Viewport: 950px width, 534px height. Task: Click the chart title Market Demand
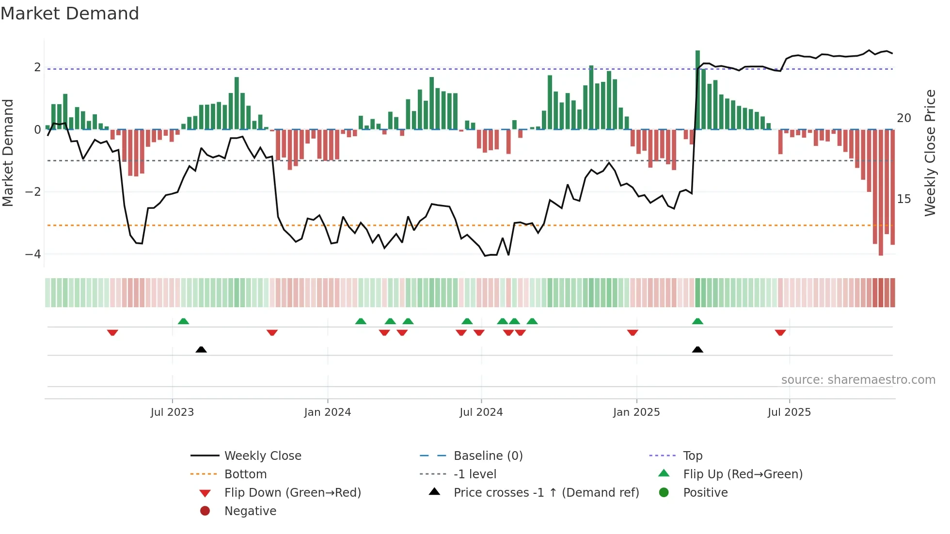pos(70,14)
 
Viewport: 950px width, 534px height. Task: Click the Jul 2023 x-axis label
pos(172,412)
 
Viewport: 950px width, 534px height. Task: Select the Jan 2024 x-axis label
pos(327,412)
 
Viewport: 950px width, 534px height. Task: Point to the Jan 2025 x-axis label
pos(636,412)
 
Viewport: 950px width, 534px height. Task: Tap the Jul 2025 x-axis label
pos(789,412)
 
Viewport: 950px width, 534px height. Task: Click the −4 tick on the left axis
pos(33,254)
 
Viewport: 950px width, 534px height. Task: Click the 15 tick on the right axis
pos(903,199)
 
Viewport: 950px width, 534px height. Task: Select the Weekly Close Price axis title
pos(930,153)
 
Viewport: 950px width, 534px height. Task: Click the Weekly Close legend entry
pos(262,456)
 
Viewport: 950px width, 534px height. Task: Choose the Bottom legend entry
pos(245,474)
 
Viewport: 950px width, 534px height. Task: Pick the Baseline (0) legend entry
pos(488,456)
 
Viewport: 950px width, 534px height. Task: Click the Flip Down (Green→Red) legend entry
pos(292,493)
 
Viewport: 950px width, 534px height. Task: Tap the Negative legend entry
pos(250,511)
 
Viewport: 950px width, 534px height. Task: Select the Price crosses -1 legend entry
pos(546,493)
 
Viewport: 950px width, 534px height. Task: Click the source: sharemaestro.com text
pos(858,380)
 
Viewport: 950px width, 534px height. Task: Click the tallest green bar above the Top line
pos(697,90)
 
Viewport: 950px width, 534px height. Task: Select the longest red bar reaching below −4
pos(881,194)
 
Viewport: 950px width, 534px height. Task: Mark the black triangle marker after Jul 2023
pos(201,349)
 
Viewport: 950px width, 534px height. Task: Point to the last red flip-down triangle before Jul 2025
pos(780,332)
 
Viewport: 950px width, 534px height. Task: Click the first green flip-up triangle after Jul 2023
pos(183,321)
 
